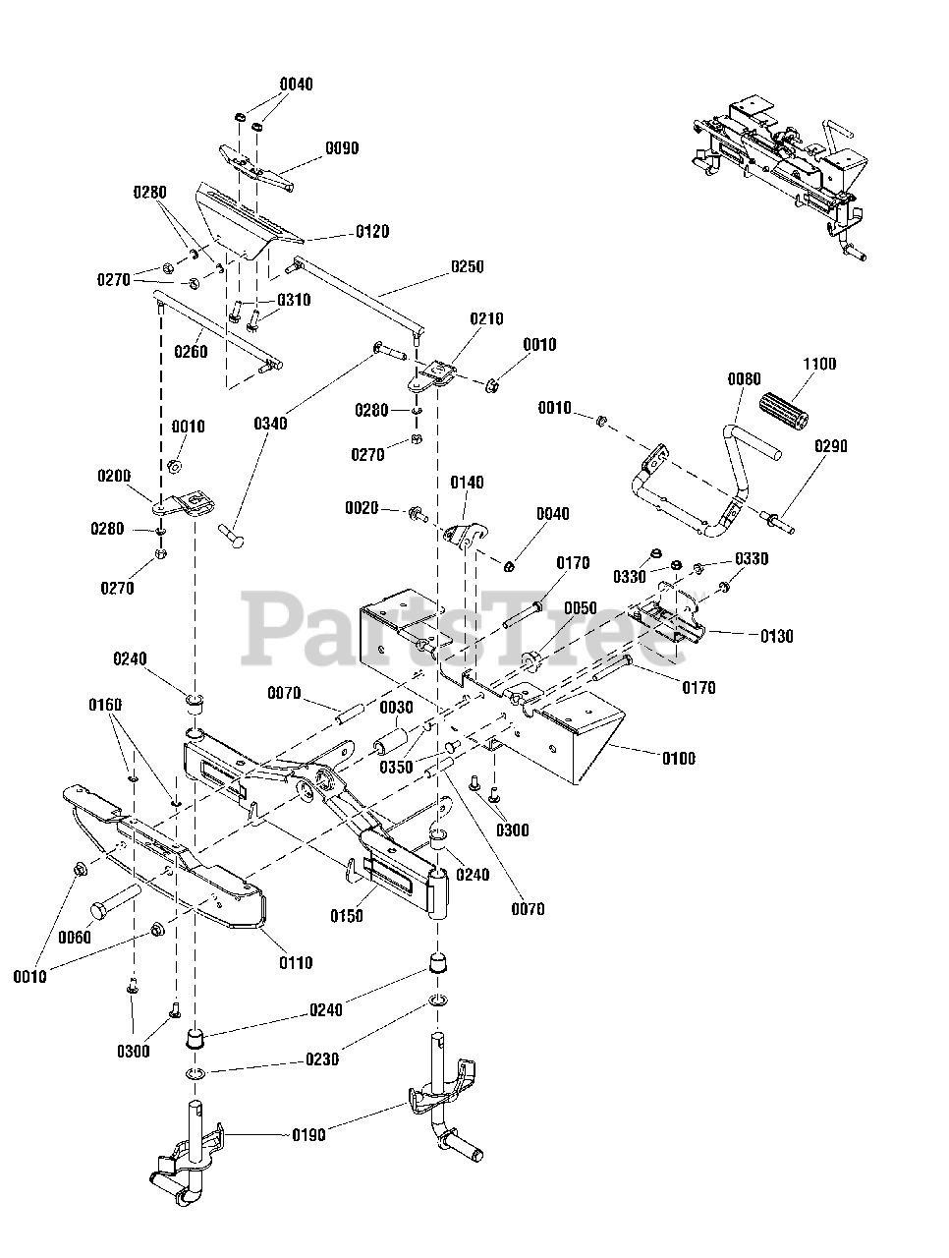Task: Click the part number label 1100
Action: (819, 364)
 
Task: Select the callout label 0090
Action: (342, 148)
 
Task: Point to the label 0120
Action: (372, 232)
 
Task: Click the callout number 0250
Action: (468, 267)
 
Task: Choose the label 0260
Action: (191, 352)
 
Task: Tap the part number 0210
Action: (486, 319)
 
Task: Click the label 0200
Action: (114, 476)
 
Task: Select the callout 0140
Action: (467, 483)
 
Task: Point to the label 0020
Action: (362, 508)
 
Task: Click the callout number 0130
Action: (777, 636)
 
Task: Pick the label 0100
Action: (679, 759)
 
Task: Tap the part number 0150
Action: (347, 916)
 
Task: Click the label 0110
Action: (296, 963)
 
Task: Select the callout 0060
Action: (75, 938)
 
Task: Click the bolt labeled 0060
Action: (116, 901)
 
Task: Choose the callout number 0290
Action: (830, 446)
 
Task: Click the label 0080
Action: (744, 379)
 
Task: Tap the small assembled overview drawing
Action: (780, 181)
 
